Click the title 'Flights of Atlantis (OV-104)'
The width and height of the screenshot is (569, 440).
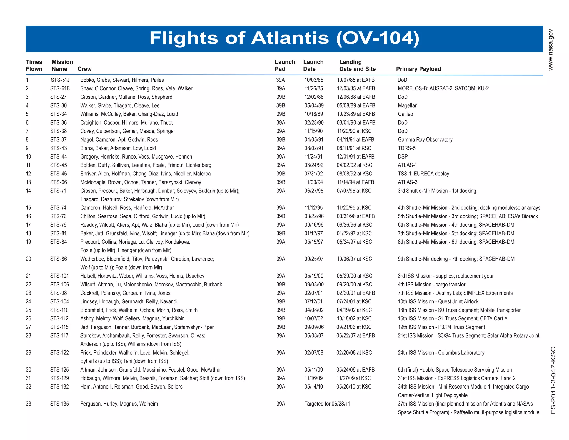coord(284,38)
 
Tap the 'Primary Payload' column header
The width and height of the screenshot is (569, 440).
coord(418,69)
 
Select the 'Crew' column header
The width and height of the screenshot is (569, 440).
coord(84,69)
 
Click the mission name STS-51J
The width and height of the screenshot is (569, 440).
coord(60,80)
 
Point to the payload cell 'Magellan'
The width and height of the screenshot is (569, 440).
coord(408,106)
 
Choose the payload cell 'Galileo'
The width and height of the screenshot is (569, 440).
coord(405,114)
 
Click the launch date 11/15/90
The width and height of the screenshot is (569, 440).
coord(313,131)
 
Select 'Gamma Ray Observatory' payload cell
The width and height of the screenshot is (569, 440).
coord(425,140)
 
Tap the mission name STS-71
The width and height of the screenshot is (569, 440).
coord(58,191)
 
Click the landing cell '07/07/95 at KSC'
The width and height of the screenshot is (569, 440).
coord(354,191)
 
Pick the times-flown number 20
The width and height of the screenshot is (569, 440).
coord(28,259)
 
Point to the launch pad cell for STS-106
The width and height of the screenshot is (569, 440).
coord(281,285)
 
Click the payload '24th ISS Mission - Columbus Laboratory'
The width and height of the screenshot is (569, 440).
coord(441,353)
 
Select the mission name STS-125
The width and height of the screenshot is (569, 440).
coord(59,370)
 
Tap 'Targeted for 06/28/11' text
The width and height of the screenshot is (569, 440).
coord(327,404)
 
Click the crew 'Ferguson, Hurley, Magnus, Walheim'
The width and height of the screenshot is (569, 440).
coord(119,404)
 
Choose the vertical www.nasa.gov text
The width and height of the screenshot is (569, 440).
coord(551,50)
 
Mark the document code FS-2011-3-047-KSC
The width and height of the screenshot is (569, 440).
coord(553,380)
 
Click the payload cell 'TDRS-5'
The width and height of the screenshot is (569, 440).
coord(406,148)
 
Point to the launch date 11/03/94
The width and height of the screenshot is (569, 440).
coord(314,182)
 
